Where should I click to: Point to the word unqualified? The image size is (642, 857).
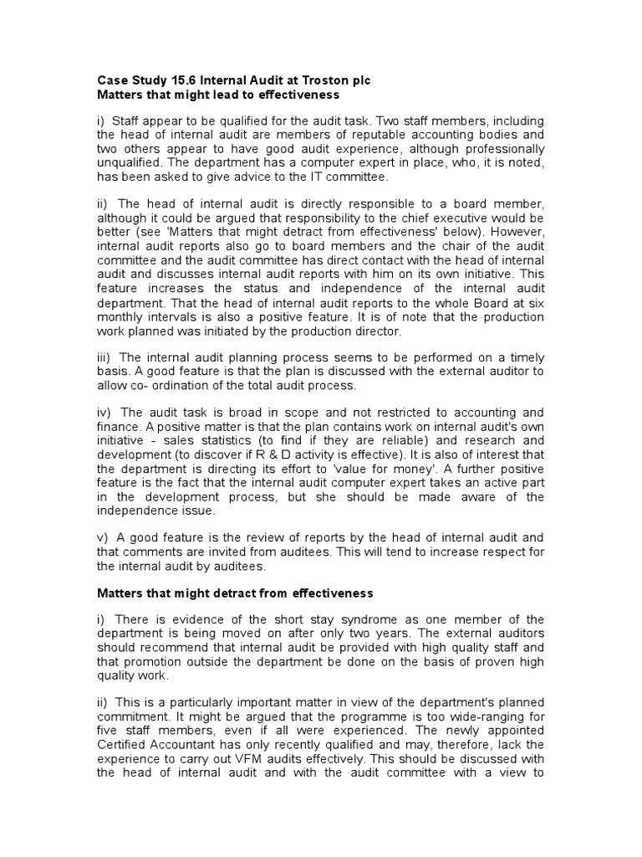[127, 162]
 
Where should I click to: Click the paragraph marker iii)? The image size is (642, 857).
[104, 357]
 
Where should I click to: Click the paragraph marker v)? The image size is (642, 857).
[103, 537]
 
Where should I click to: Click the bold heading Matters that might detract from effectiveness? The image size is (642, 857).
[235, 593]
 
